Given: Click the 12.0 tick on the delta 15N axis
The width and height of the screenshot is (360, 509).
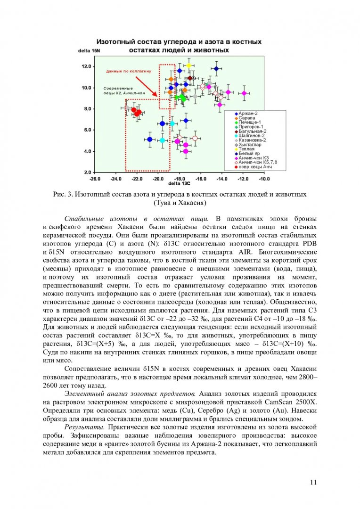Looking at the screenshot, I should point(86,66).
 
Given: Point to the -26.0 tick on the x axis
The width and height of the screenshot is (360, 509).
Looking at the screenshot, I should point(95,179).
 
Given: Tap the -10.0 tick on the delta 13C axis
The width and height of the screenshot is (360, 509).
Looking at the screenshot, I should point(264,179).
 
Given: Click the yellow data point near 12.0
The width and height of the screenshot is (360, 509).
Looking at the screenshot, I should point(188,66).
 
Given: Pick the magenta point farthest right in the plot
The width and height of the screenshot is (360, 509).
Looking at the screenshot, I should point(244,93).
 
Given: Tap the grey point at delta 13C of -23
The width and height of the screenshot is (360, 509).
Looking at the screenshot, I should point(126,108).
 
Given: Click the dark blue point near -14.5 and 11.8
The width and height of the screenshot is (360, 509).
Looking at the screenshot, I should point(216,69).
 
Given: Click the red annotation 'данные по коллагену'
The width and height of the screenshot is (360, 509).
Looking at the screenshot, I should point(129,71).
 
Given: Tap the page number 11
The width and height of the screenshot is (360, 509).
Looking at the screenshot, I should point(314,482).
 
